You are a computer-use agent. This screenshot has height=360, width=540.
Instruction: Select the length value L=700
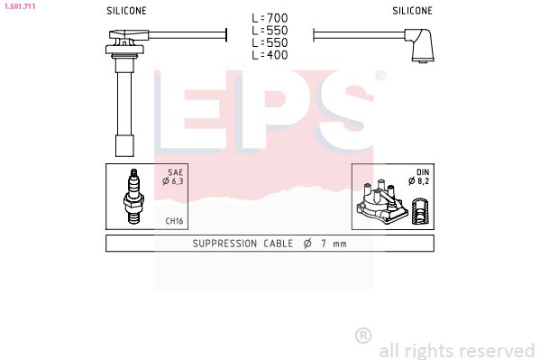269,17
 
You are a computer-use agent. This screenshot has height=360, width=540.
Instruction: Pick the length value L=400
269,55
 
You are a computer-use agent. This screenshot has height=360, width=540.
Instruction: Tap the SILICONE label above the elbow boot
412,11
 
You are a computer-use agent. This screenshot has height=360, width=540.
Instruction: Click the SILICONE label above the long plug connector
128,11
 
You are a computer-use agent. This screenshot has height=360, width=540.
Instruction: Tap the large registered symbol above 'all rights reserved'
363,336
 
